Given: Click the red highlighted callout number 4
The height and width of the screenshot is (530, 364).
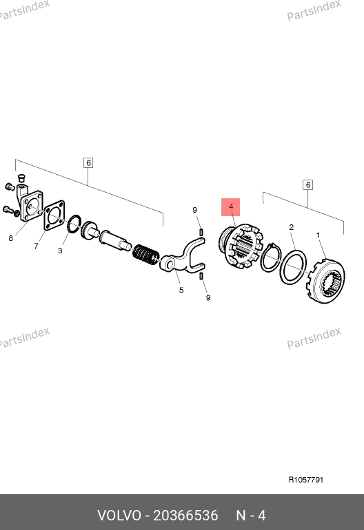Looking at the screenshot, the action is [230, 207].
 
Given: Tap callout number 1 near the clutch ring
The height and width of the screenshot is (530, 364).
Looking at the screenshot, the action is [318, 235].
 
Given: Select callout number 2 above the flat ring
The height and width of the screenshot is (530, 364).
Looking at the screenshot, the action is [291, 227].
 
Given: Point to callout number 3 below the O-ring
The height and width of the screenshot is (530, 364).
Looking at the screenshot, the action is [60, 251].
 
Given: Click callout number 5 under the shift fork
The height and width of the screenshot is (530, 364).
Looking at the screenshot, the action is [181, 290].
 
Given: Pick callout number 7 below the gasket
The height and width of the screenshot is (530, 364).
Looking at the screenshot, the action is [37, 246].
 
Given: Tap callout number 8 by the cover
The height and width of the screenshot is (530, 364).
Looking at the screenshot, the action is [11, 238].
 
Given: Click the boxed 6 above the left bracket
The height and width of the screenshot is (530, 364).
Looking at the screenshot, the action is [88, 163].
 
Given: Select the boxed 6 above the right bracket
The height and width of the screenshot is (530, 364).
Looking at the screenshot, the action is [307, 185].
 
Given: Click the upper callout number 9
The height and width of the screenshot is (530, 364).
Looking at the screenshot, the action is [194, 210].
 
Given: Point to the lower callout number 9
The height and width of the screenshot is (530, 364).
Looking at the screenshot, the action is [208, 298].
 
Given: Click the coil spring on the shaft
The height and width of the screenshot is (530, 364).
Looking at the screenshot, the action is [146, 255].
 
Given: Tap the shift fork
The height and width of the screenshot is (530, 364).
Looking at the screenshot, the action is [183, 257].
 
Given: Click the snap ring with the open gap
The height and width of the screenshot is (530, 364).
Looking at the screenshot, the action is [270, 257].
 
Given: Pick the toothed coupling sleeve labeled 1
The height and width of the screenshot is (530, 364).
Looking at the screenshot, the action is [326, 282].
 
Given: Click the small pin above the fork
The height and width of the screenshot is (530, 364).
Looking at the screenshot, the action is [201, 233].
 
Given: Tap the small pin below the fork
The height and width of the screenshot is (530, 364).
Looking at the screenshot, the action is [201, 277].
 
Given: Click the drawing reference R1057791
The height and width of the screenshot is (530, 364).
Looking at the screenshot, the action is [306, 480].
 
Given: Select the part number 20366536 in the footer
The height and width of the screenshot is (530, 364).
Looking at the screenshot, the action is [185, 516].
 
